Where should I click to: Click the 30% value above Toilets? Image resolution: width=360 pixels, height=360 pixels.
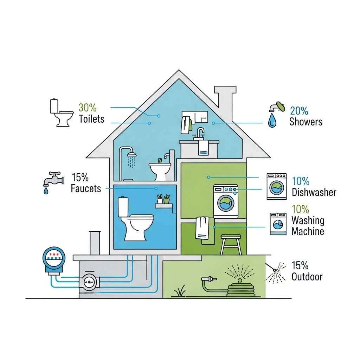(x=88, y=108)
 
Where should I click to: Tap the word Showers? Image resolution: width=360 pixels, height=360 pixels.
(x=306, y=122)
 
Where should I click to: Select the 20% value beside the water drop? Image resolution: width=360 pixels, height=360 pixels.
(x=299, y=111)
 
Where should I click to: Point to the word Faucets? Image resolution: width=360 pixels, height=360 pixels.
(x=86, y=188)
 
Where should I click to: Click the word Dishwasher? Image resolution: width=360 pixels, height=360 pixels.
(x=314, y=192)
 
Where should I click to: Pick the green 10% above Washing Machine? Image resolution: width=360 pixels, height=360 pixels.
(x=300, y=209)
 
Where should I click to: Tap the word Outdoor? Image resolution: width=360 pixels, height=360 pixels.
(x=307, y=277)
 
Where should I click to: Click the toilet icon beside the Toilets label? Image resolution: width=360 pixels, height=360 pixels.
(x=62, y=112)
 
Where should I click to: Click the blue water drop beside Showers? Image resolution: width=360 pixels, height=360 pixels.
(x=272, y=120)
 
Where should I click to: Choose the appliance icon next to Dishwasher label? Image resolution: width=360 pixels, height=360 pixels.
(x=276, y=186)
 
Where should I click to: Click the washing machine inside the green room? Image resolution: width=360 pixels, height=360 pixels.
(x=226, y=201)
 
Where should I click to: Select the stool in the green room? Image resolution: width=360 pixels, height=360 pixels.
(x=231, y=244)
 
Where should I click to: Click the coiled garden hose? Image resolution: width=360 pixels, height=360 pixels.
(x=240, y=290)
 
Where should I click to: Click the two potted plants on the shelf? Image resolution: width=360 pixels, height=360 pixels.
(x=163, y=199)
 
